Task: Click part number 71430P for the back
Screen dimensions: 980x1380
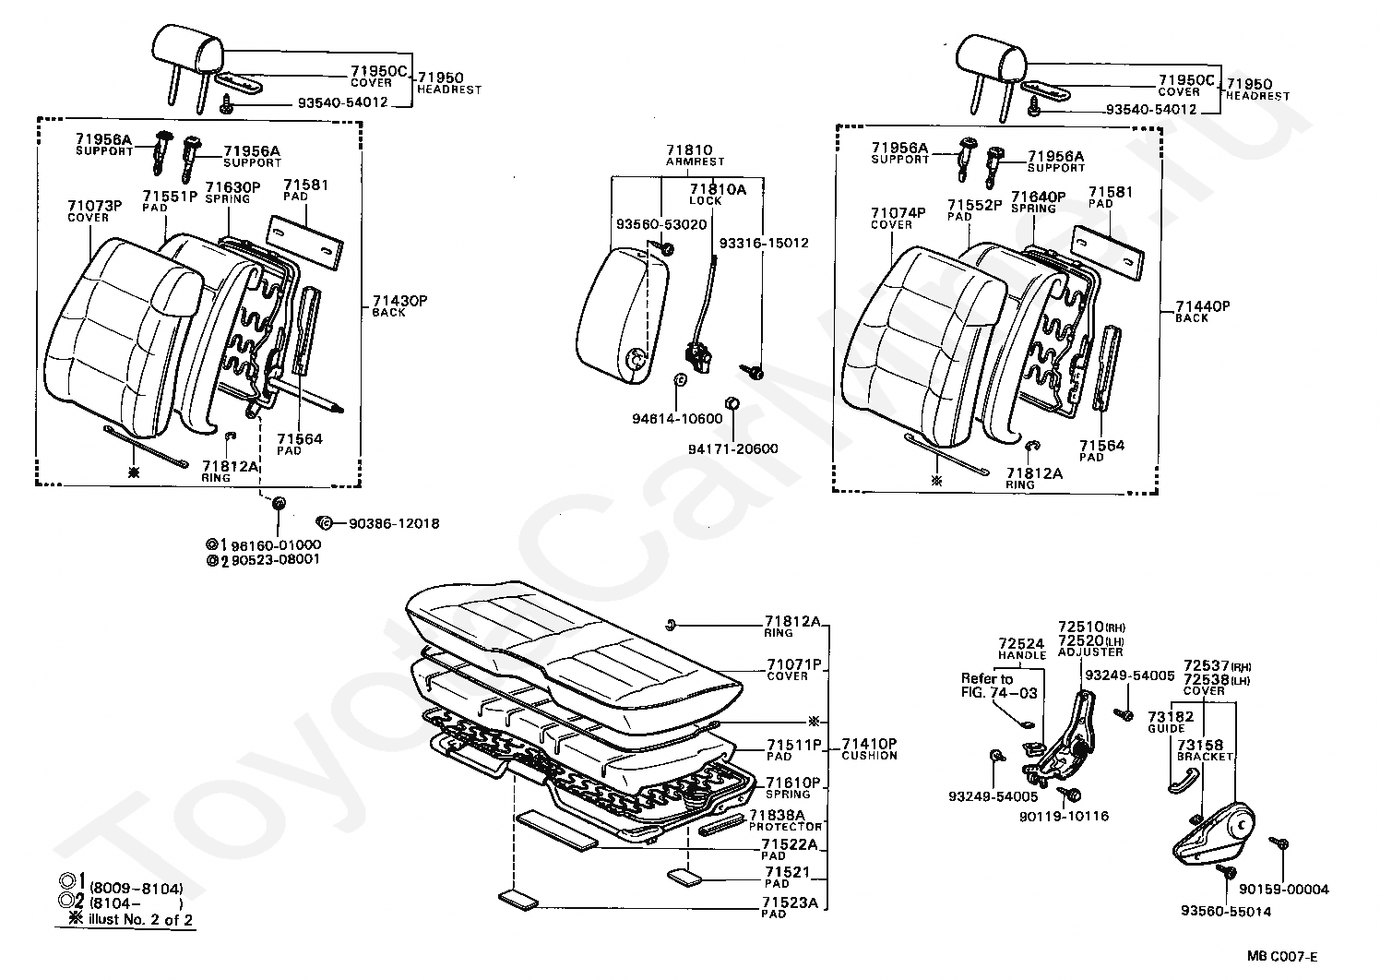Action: (x=400, y=302)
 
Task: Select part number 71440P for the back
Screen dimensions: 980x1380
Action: (x=1204, y=307)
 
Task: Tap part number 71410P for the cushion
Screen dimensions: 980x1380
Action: (x=869, y=743)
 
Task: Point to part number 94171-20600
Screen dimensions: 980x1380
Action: (x=732, y=449)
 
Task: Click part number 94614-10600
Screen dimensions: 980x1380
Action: (x=677, y=419)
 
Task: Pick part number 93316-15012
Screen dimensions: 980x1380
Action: (x=763, y=244)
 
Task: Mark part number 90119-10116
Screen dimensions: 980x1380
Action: (x=1064, y=817)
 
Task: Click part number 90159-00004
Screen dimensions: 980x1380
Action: (x=1283, y=890)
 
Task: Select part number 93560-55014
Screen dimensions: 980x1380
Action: (x=1226, y=912)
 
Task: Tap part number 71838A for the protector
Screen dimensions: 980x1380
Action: (x=777, y=815)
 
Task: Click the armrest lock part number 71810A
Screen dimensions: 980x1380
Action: (x=718, y=189)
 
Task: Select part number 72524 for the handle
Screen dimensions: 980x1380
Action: (x=1021, y=644)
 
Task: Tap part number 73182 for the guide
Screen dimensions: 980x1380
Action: (x=1171, y=717)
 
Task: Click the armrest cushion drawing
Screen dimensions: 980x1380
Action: (x=616, y=314)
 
